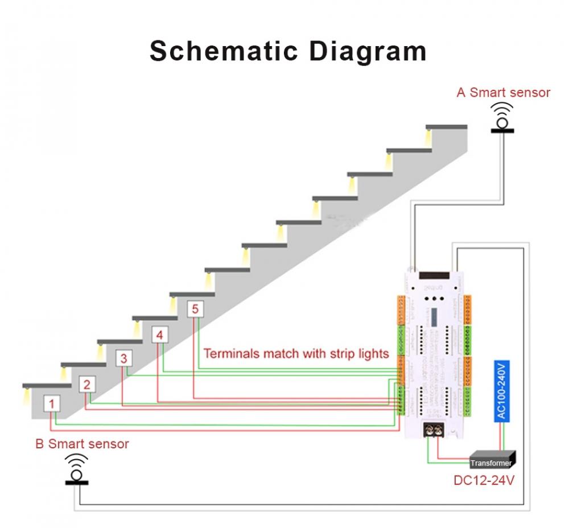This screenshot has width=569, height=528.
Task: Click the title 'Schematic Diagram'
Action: pyautogui.click(x=288, y=51)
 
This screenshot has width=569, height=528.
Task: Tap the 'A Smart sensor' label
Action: pyautogui.click(x=503, y=92)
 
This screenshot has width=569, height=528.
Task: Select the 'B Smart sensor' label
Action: pyautogui.click(x=82, y=444)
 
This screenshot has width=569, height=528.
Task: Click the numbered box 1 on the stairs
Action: pyautogui.click(x=52, y=404)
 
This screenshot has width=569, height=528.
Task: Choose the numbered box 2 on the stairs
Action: pyautogui.click(x=86, y=385)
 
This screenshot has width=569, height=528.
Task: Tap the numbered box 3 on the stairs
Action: pyautogui.click(x=123, y=358)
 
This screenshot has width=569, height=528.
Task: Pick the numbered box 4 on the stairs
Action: pyautogui.click(x=159, y=335)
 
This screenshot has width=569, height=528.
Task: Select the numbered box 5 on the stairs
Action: pyautogui.click(x=195, y=309)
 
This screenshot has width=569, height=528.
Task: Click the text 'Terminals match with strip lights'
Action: pyautogui.click(x=296, y=354)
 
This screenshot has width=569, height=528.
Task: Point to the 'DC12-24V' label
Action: pyautogui.click(x=484, y=481)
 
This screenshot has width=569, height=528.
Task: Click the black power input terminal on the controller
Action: pyautogui.click(x=434, y=431)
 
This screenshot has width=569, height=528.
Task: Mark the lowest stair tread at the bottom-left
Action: pyautogui.click(x=47, y=385)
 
